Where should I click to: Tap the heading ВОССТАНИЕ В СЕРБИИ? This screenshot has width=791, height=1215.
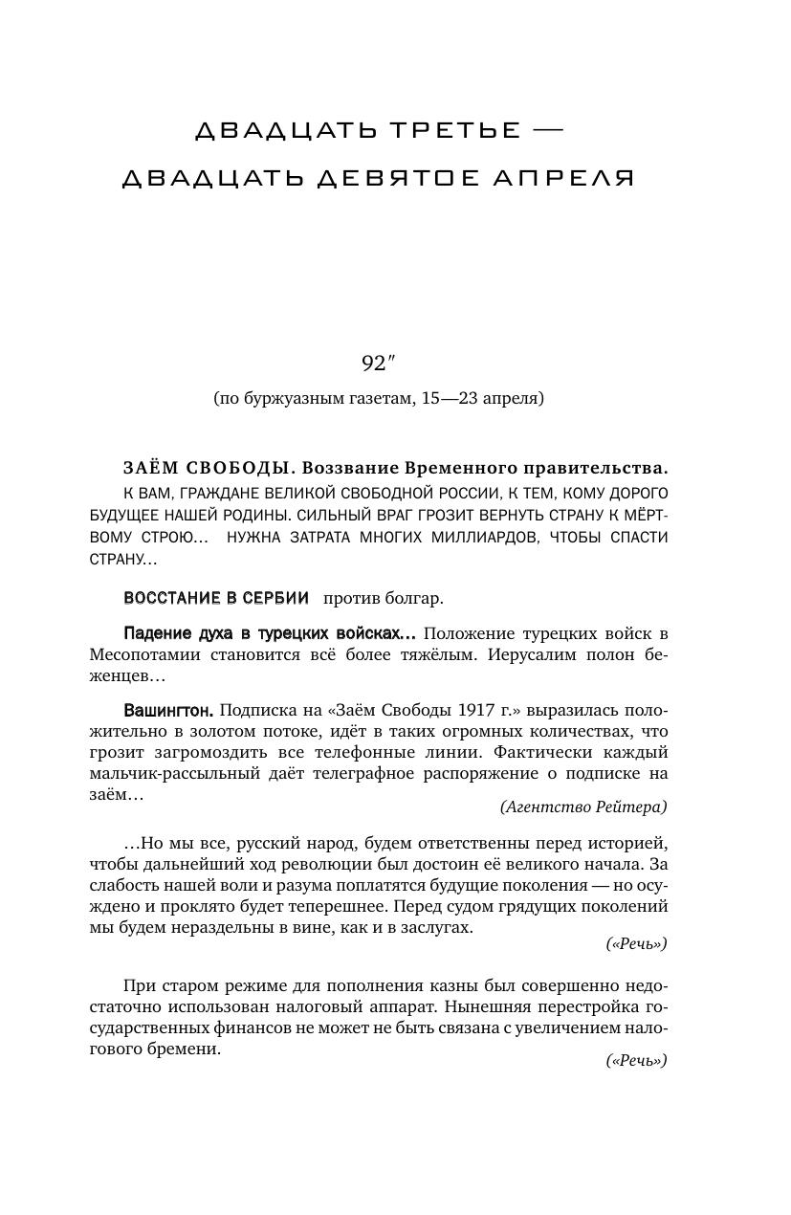tap(216, 599)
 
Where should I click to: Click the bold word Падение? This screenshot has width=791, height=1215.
tap(158, 634)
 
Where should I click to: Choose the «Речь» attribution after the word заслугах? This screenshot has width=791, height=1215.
tap(636, 944)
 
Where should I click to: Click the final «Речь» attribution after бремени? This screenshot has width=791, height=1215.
tap(636, 1061)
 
